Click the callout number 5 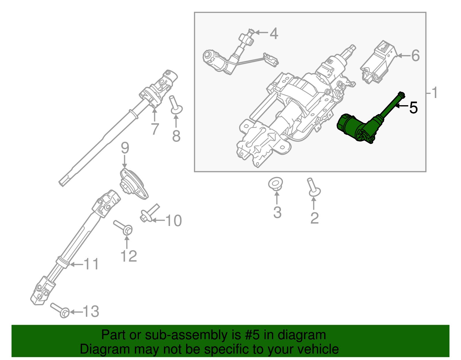pos(413,108)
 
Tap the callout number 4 pos(274,34)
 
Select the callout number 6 pos(415,56)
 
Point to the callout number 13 pos(91,312)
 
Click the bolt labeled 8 pos(175,105)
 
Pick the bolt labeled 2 pos(313,188)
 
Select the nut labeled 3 pos(275,184)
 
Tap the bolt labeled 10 pos(149,213)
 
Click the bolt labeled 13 pos(60,310)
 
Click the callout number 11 pos(91,264)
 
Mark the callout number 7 pos(155,129)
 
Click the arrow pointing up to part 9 pos(124,161)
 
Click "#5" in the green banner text pos(252,335)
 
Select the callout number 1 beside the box pos(434,93)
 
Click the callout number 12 pos(129,256)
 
